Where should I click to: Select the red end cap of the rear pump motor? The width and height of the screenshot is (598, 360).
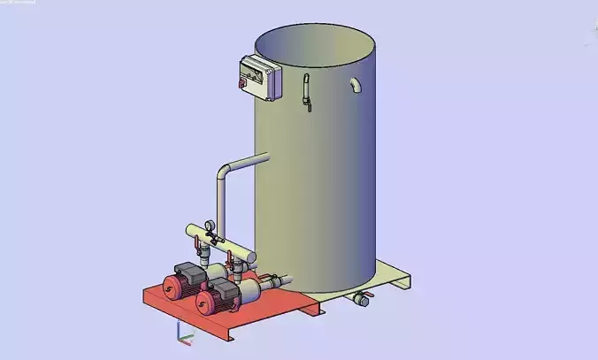click(166, 288)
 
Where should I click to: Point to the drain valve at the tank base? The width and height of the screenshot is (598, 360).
click(359, 299)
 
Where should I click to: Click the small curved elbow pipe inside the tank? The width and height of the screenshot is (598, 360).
click(354, 85)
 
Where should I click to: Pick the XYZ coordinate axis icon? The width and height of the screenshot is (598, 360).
click(182, 333)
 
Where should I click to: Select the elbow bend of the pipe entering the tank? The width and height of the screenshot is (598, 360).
click(223, 171)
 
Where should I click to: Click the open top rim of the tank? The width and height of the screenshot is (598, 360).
click(314, 31)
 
